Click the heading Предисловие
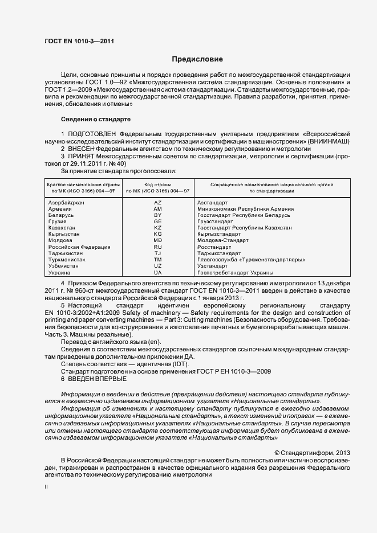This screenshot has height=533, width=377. (197, 59)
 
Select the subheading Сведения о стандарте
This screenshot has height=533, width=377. (95, 119)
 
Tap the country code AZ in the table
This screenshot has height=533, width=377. (158, 203)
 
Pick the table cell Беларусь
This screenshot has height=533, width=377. (61, 215)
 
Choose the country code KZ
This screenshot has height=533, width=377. (158, 228)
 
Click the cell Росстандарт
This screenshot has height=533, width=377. (214, 247)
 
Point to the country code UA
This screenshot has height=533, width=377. (158, 273)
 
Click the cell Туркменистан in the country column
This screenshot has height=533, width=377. (67, 260)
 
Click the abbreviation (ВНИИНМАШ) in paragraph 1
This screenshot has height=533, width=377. (330, 141)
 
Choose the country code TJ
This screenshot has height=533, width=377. (158, 253)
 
